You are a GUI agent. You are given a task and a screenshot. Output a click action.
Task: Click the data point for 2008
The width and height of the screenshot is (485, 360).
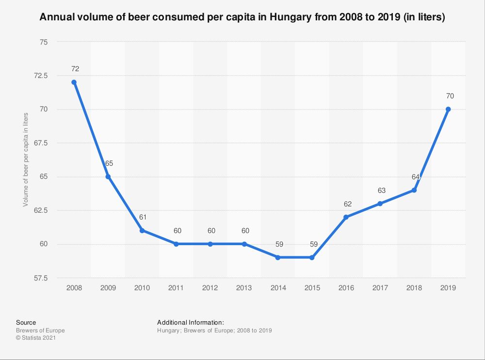[x=74, y=82]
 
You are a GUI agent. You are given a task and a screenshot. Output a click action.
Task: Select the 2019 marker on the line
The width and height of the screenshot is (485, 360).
[x=448, y=109]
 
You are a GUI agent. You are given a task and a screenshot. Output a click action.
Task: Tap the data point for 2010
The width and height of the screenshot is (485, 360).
[x=142, y=231]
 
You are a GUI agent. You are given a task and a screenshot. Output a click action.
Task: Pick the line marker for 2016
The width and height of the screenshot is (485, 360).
[x=346, y=217]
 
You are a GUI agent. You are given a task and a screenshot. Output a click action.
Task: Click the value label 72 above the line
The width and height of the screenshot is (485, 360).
[x=75, y=69]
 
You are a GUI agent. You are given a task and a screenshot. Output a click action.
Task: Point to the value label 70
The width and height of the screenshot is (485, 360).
[x=450, y=96]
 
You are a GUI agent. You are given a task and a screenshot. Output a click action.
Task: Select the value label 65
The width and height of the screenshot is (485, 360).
[x=109, y=163]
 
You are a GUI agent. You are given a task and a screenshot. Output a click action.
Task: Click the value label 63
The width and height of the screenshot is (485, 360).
[x=381, y=190]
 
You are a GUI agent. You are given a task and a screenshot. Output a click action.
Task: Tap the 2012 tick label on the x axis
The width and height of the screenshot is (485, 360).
[x=210, y=288]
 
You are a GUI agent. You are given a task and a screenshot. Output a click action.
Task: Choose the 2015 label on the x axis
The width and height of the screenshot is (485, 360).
[x=312, y=288]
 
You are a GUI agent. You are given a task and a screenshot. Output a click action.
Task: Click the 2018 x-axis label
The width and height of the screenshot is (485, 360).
[x=414, y=288]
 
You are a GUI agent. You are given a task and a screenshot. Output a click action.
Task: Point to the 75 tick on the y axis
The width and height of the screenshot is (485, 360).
[x=44, y=42]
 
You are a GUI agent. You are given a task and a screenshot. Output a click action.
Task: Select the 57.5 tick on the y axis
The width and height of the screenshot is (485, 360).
[x=41, y=278]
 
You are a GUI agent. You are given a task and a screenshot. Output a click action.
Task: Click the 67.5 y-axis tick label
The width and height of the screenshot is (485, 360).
[x=41, y=143]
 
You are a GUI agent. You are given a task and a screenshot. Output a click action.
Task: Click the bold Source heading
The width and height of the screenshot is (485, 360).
[x=26, y=322]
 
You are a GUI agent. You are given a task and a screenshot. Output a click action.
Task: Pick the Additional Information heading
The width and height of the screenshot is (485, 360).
[x=190, y=322]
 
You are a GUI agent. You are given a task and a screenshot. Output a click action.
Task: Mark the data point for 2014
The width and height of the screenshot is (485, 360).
[x=278, y=258]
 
